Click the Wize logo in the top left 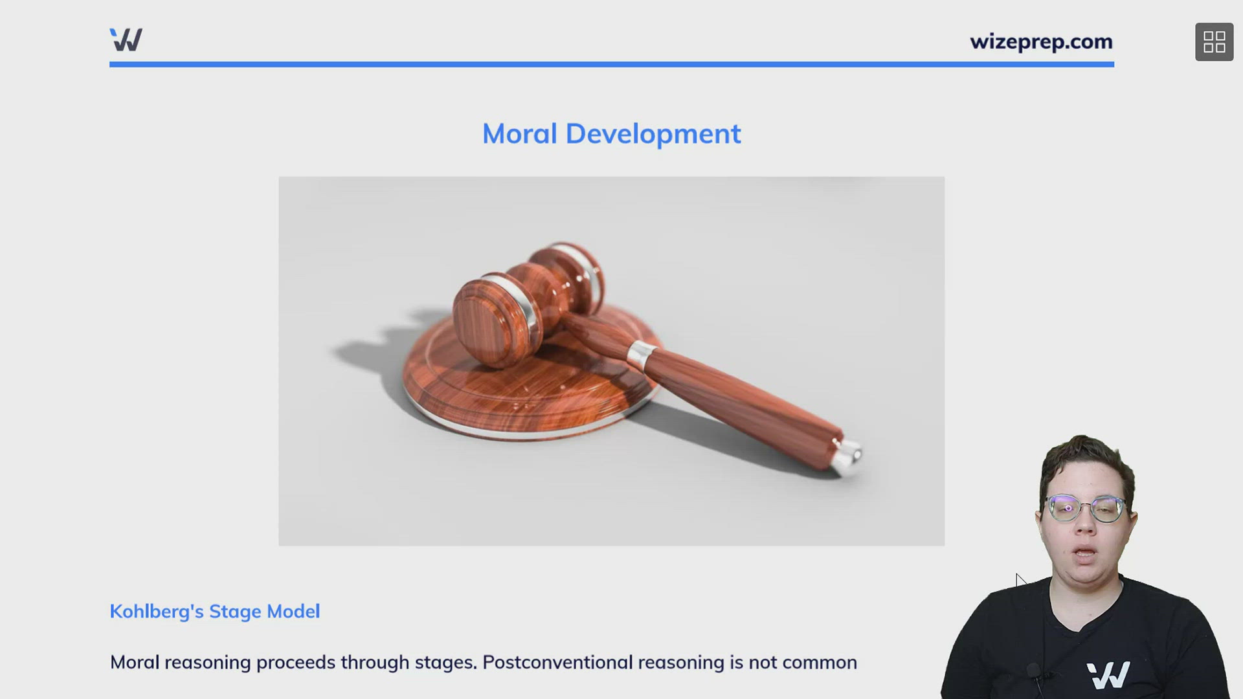(126, 40)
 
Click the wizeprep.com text (1041, 42)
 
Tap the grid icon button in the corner (1214, 42)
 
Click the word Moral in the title (519, 134)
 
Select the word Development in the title (653, 134)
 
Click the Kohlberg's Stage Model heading (214, 612)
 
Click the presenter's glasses (1085, 508)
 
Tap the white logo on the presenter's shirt (1108, 675)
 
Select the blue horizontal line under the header (611, 65)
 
